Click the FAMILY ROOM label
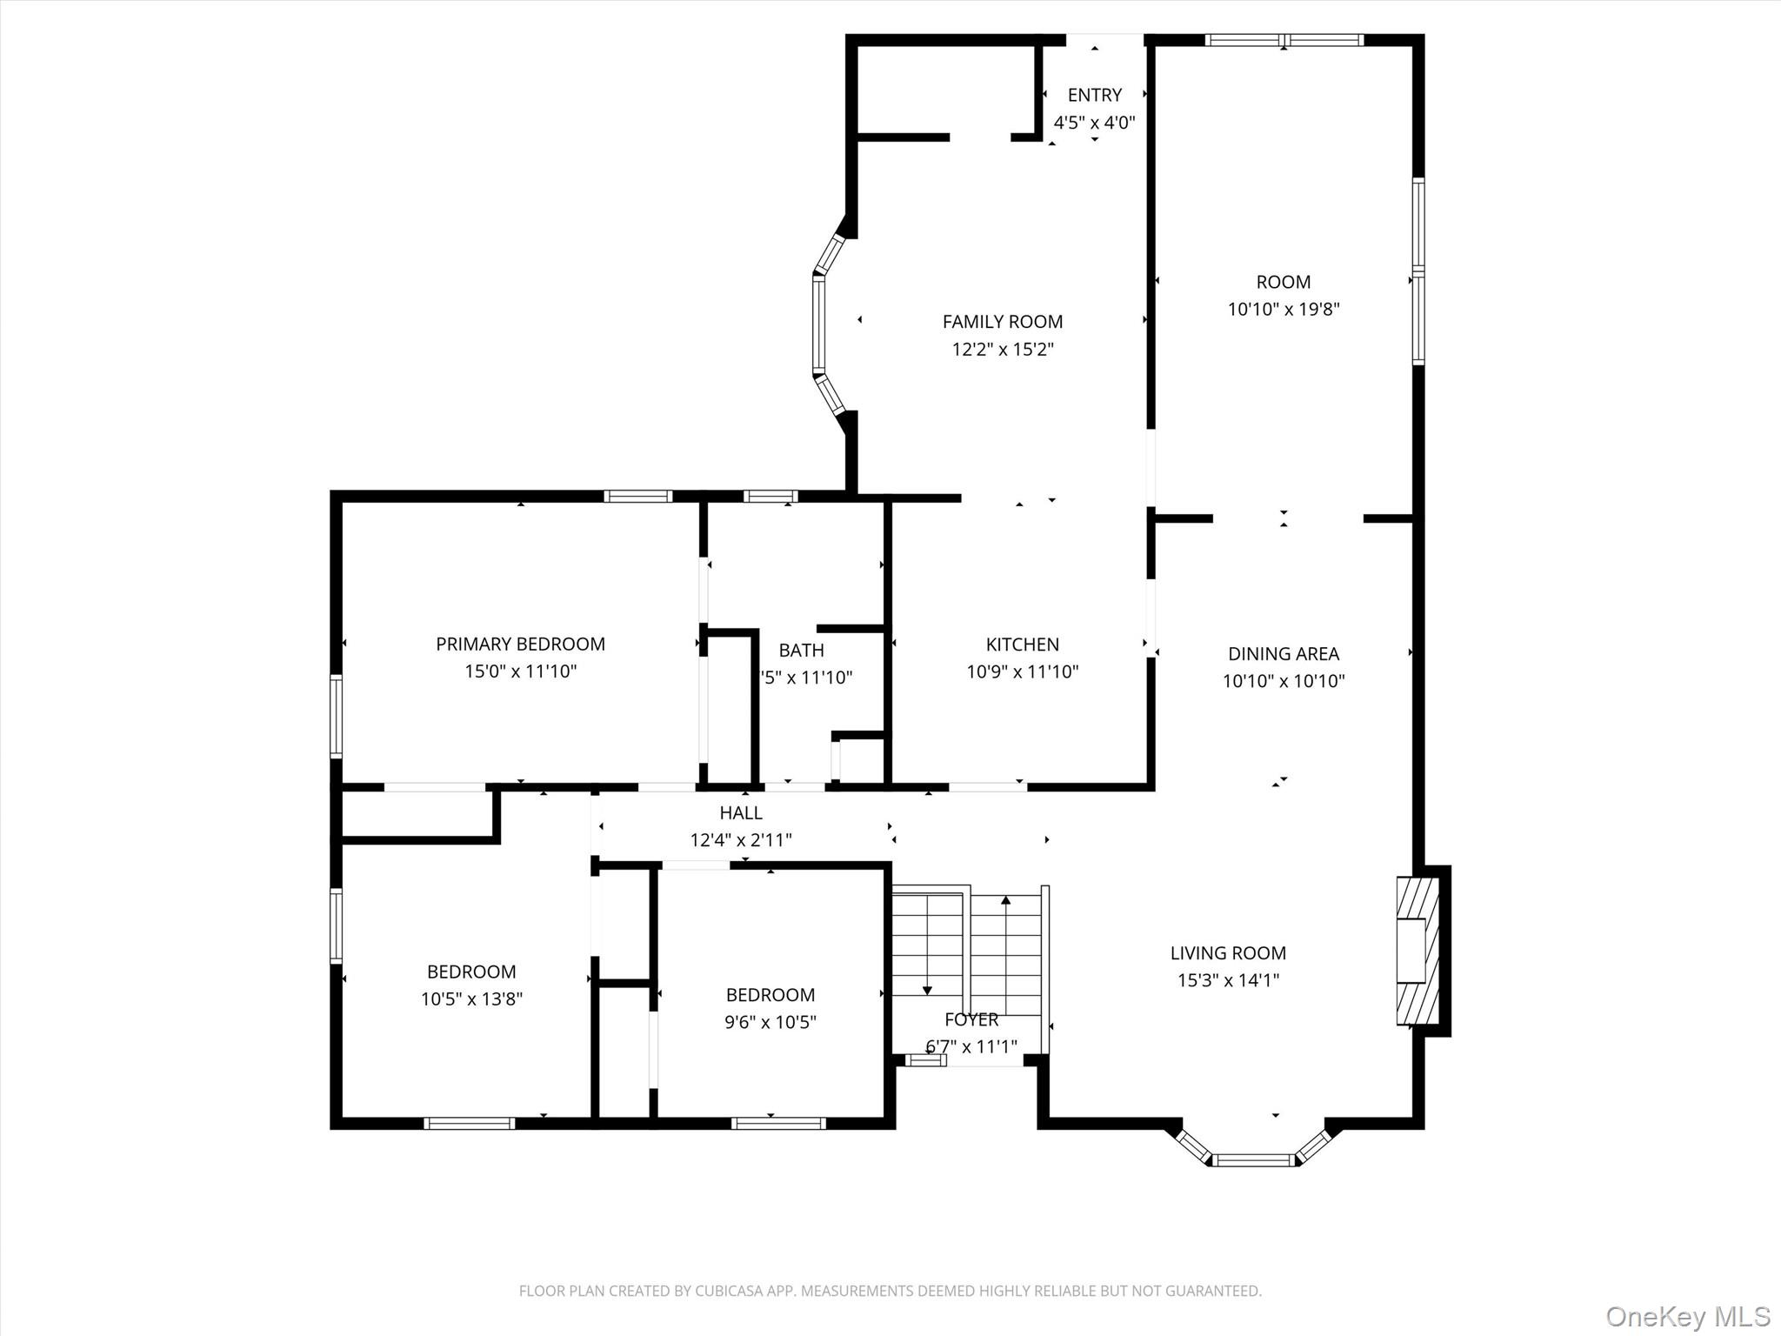click(x=1002, y=322)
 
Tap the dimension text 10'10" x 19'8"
click(x=1284, y=309)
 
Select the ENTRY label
click(x=1094, y=95)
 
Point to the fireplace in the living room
click(x=1417, y=951)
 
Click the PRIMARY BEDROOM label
click(x=520, y=644)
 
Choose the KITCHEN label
click(x=1022, y=645)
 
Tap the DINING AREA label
click(x=1284, y=653)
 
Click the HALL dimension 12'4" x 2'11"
click(x=741, y=840)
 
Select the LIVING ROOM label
click(x=1227, y=953)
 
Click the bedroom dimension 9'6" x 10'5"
click(x=770, y=1022)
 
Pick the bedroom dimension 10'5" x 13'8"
click(x=471, y=999)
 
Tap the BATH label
click(x=801, y=650)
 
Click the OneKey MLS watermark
click(x=1688, y=1316)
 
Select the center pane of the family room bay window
click(x=818, y=324)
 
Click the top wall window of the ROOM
click(x=1284, y=39)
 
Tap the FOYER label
click(x=971, y=1019)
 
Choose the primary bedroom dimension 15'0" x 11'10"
click(x=520, y=671)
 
